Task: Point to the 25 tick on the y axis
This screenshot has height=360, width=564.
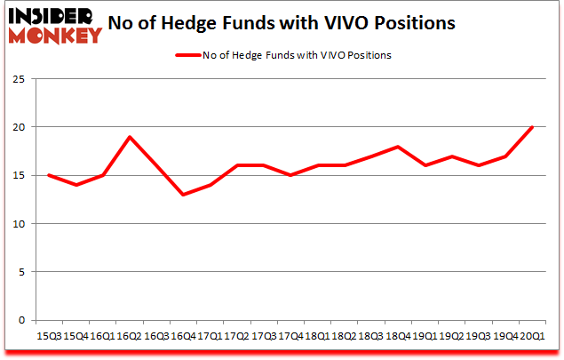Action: click(20, 79)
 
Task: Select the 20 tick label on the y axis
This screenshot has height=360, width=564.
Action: click(20, 127)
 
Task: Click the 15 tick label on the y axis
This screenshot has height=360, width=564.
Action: click(20, 176)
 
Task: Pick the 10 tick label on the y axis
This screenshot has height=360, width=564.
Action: click(20, 224)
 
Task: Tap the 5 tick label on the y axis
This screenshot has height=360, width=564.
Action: click(22, 272)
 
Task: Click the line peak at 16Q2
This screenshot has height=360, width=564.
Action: click(130, 137)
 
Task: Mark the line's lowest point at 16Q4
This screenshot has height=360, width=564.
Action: click(183, 195)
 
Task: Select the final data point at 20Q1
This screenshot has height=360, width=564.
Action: click(533, 127)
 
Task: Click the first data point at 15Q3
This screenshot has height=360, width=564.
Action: click(49, 175)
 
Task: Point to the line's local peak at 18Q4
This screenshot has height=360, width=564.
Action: click(399, 147)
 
